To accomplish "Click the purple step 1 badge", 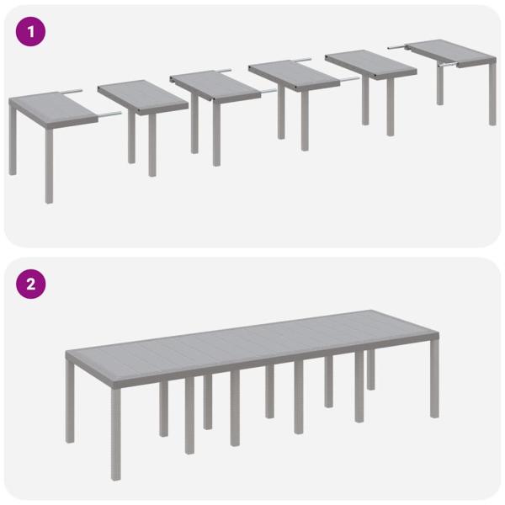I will tap(31, 32).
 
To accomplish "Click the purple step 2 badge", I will tap(31, 284).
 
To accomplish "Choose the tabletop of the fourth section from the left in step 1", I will tap(290, 72).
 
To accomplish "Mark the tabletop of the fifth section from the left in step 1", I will tap(370, 61).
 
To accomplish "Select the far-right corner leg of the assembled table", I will tap(434, 379).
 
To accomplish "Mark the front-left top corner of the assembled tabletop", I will tap(66, 353).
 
